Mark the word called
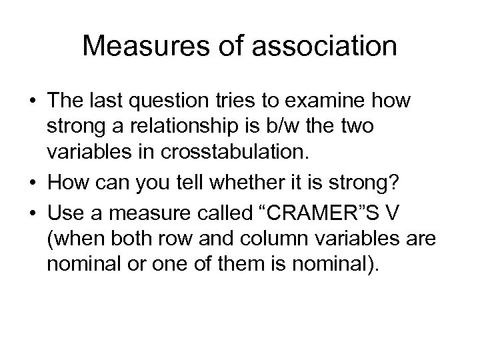point(217,204)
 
